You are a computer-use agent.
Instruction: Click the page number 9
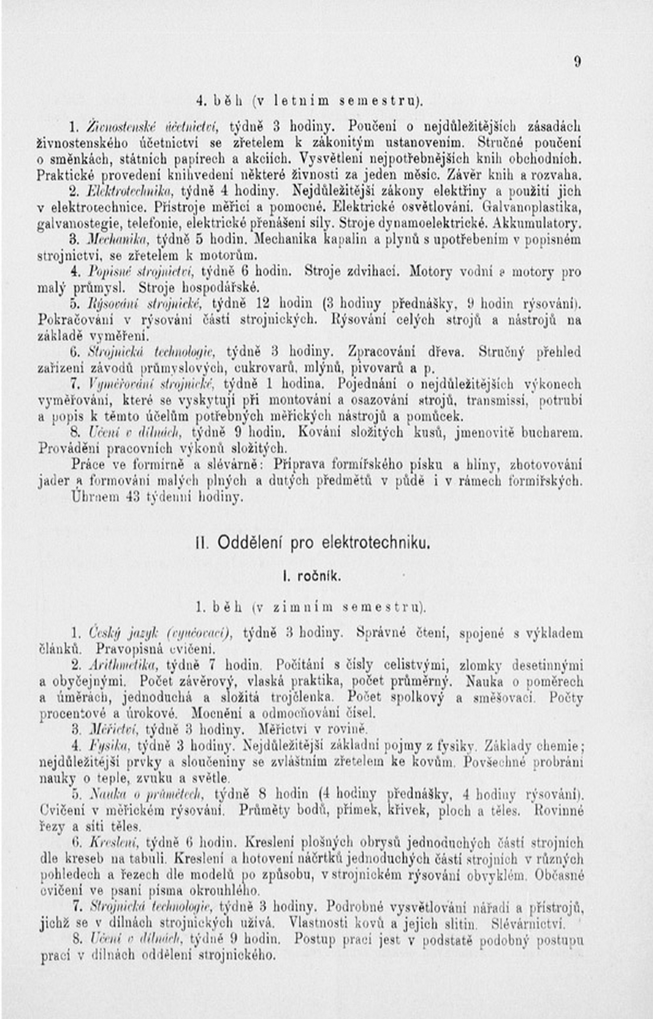pos(577,62)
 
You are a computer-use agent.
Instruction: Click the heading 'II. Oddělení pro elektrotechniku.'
pos(313,543)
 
